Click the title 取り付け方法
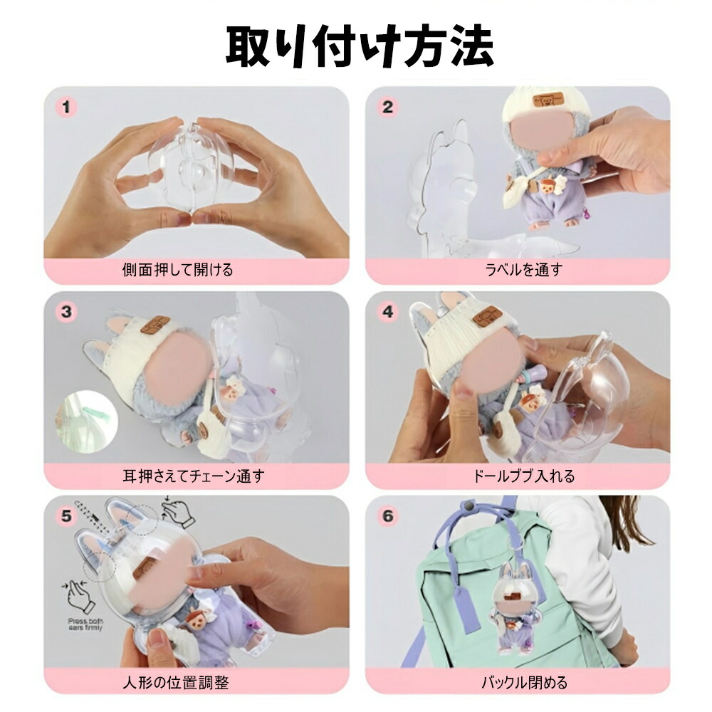pyautogui.click(x=360, y=46)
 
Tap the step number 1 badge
pyautogui.click(x=66, y=108)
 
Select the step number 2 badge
pyautogui.click(x=387, y=108)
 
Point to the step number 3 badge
pyautogui.click(x=66, y=312)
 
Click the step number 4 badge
pyautogui.click(x=387, y=312)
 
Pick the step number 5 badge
pyautogui.click(x=66, y=516)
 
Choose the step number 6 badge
pyautogui.click(x=387, y=516)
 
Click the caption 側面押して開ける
pyautogui.click(x=177, y=270)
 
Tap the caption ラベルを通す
pyautogui.click(x=524, y=270)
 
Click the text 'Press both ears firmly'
pyautogui.click(x=85, y=624)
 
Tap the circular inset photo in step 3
pyautogui.click(x=86, y=423)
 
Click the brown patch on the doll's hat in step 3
pyautogui.click(x=155, y=324)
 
